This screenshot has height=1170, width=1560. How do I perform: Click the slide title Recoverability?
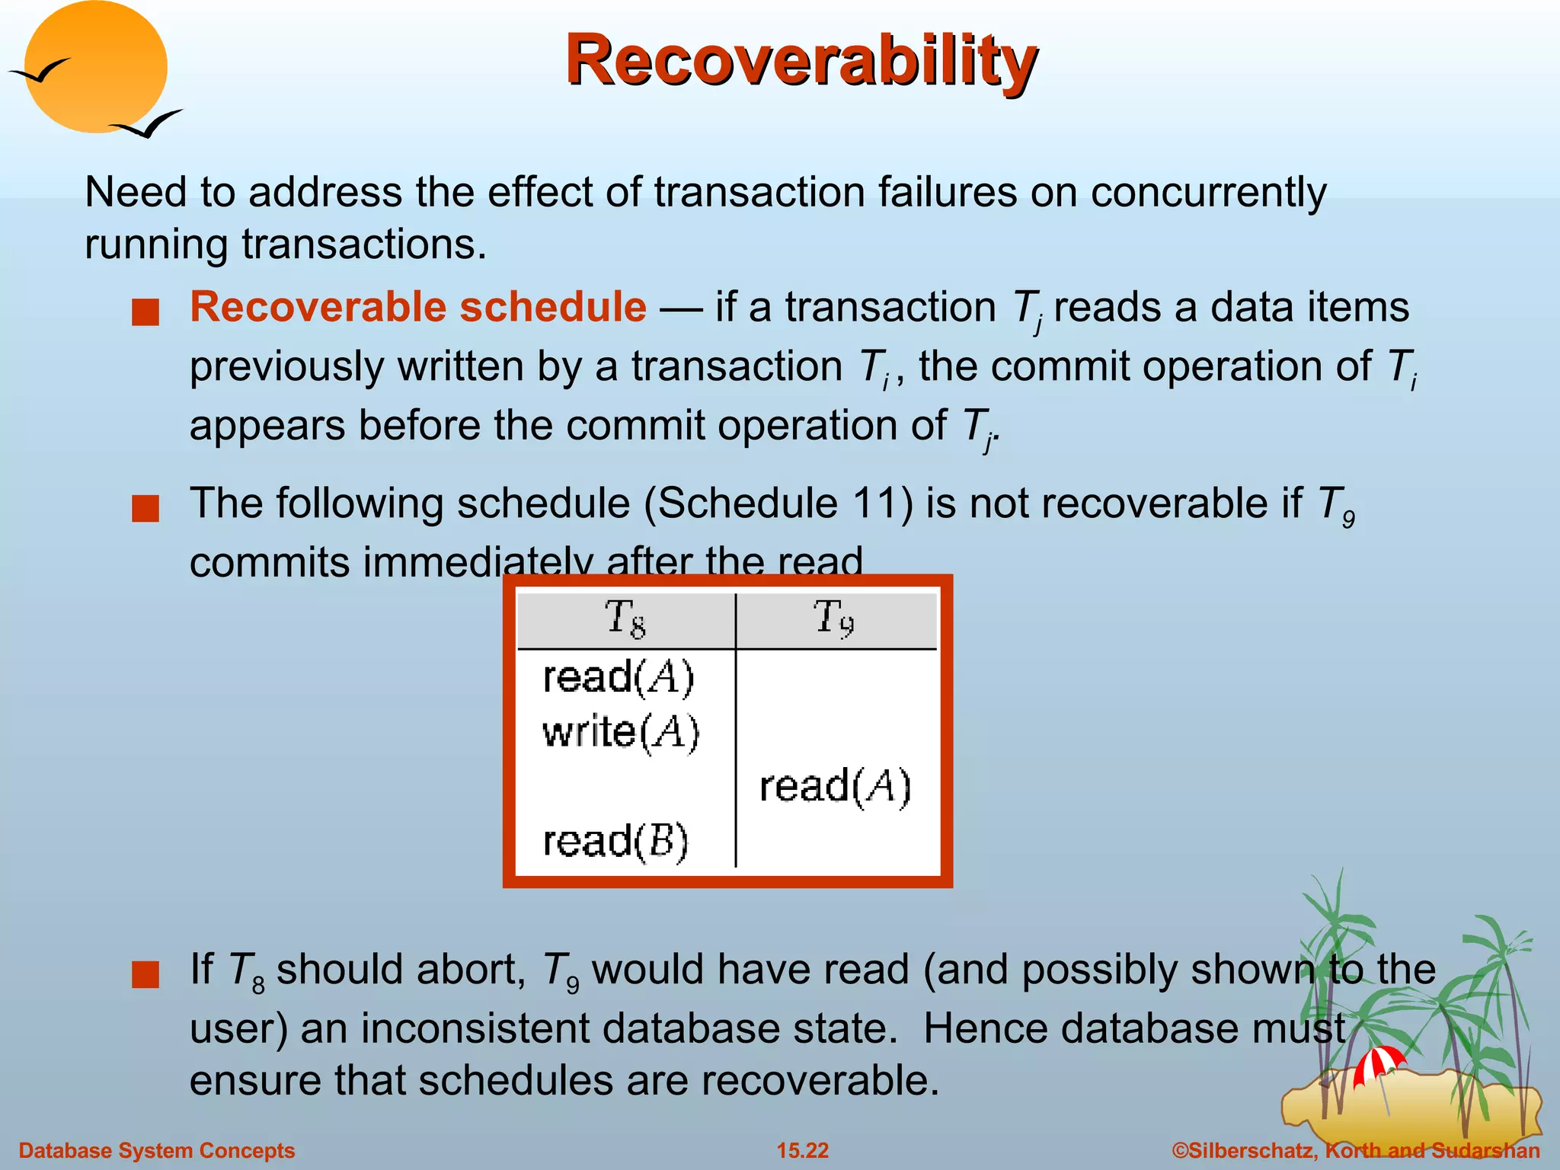(801, 61)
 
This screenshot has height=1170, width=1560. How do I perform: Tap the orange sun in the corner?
(96, 66)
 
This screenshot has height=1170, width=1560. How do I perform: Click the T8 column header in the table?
(625, 619)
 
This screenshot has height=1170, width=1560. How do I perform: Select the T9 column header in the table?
(834, 619)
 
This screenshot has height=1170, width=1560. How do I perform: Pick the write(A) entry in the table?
(621, 733)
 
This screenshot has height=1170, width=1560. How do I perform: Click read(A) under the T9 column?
(835, 787)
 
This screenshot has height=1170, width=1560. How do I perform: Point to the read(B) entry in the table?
(615, 842)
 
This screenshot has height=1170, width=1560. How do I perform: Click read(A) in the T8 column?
(619, 677)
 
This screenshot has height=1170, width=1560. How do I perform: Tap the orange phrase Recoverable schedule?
(418, 307)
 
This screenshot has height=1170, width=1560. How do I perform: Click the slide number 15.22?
(802, 1150)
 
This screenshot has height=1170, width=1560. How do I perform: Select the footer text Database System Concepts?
(156, 1150)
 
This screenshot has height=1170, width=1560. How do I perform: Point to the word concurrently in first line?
(1208, 192)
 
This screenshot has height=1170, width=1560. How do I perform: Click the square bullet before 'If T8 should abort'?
(145, 974)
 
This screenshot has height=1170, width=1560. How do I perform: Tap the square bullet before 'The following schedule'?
(145, 508)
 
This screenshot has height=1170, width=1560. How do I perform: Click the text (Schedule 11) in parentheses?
(778, 504)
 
